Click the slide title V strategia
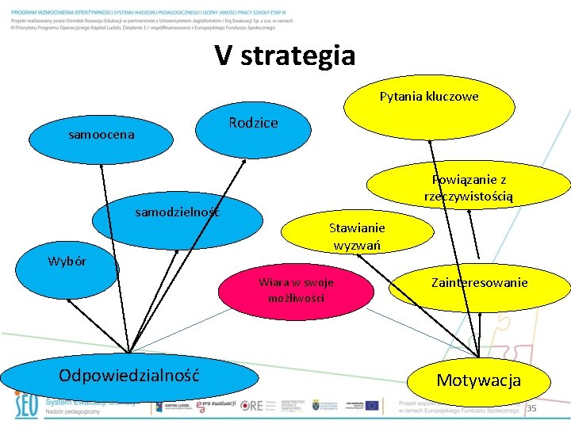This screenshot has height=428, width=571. [285, 55]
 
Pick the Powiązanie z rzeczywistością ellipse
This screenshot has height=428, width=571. [468, 186]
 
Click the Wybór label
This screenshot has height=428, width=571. [67, 262]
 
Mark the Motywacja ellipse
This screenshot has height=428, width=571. [478, 380]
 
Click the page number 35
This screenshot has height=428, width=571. [532, 407]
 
